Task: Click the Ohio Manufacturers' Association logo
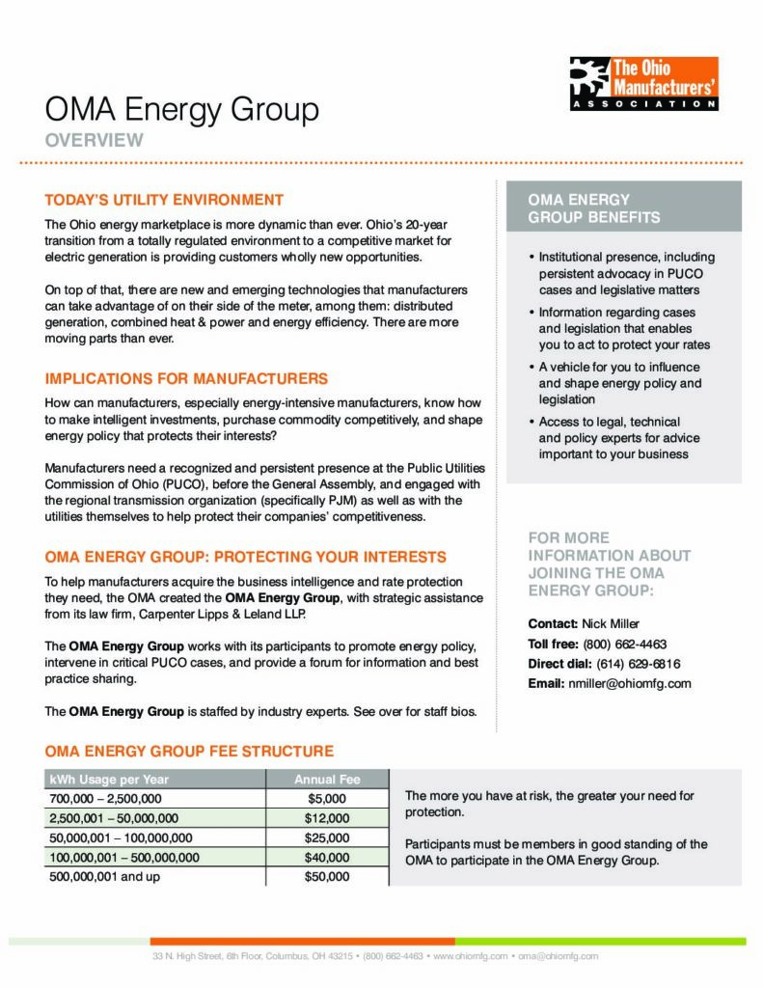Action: point(642,84)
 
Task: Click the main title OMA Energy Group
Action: point(182,110)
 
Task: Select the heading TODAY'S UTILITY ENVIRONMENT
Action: point(164,200)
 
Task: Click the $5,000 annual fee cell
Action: point(327,799)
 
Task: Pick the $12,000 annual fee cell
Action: point(327,818)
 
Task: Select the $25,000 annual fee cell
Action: point(327,837)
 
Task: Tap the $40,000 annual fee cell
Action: point(327,857)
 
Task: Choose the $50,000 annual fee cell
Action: point(327,877)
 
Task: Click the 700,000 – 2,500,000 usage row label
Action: point(105,799)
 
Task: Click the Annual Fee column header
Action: point(327,780)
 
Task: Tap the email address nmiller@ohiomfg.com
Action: point(638,683)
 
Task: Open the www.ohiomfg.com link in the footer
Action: point(471,956)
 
